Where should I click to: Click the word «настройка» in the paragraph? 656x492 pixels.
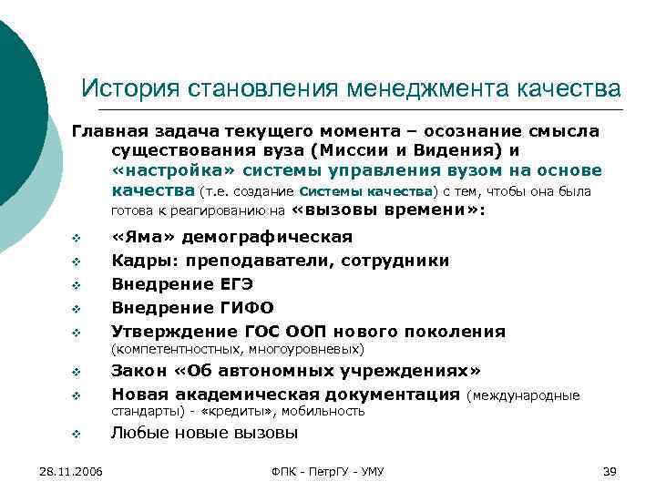(167, 170)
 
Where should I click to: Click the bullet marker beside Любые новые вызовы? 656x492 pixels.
(77, 435)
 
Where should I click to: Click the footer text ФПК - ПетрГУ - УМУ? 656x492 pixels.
(328, 471)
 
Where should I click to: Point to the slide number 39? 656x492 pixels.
(610, 471)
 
